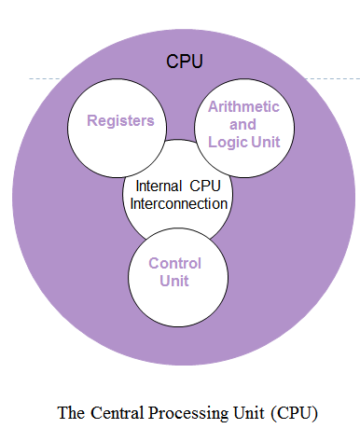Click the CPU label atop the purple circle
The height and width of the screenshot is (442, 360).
point(185,62)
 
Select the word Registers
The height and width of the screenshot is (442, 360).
point(120,120)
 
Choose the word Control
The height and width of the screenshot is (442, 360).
point(175,262)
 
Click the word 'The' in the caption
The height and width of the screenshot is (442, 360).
point(71,412)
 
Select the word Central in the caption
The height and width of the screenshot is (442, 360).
point(114,412)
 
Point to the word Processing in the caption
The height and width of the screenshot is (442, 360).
point(179,412)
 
